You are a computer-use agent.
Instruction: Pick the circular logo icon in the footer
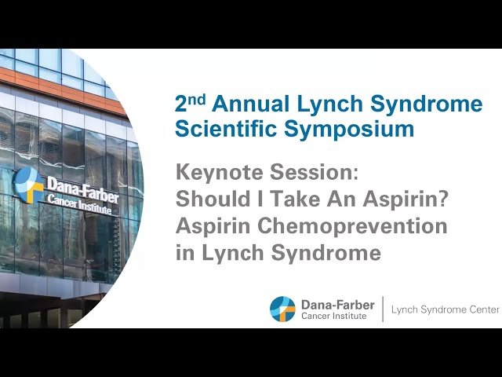282,309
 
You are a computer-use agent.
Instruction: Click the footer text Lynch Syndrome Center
445,309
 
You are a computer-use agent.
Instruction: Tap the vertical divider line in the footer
383,309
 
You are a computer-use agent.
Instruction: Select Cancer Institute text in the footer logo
333,316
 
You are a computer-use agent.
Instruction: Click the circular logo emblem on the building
28,185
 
